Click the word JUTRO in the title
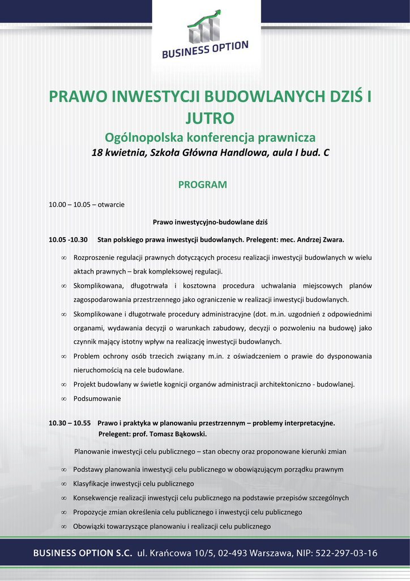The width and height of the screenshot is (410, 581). pos(210,118)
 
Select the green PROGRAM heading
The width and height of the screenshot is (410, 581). pos(202,184)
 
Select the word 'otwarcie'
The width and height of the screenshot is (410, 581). pos(111,204)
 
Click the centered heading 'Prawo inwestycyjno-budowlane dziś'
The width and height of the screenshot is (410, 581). pos(210,222)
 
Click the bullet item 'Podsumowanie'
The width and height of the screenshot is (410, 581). pos(97,398)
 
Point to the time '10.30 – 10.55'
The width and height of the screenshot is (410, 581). pos(70,423)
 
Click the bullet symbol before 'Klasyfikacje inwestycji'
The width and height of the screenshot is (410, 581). pos(64,484)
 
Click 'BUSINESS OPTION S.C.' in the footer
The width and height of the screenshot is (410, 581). pos(83,553)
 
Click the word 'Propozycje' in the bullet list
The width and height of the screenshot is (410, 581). pos(90,512)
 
